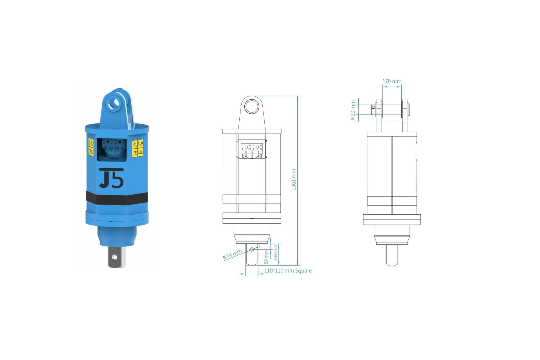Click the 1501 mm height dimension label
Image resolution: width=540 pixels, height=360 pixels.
point(294,179)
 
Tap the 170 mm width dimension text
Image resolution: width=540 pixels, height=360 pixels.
point(392,81)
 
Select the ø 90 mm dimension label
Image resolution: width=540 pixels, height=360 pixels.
point(353,111)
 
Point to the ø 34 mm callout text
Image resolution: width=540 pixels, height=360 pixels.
point(232,254)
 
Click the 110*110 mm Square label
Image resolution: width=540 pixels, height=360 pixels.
point(288,271)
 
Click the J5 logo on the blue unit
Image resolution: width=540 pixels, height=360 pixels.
point(111,178)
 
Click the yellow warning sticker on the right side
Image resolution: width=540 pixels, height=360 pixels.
point(138,148)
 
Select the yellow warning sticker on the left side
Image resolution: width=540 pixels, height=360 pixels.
point(91,147)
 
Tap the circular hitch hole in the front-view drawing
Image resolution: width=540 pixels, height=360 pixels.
point(251,107)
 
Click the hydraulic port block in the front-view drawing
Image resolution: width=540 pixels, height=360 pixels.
point(252,147)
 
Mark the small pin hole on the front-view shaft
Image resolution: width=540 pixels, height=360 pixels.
point(252,249)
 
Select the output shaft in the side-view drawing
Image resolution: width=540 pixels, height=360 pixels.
point(391,255)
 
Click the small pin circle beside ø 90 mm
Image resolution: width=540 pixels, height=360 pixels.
point(373,107)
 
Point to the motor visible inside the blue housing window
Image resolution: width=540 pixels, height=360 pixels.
point(112,149)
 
